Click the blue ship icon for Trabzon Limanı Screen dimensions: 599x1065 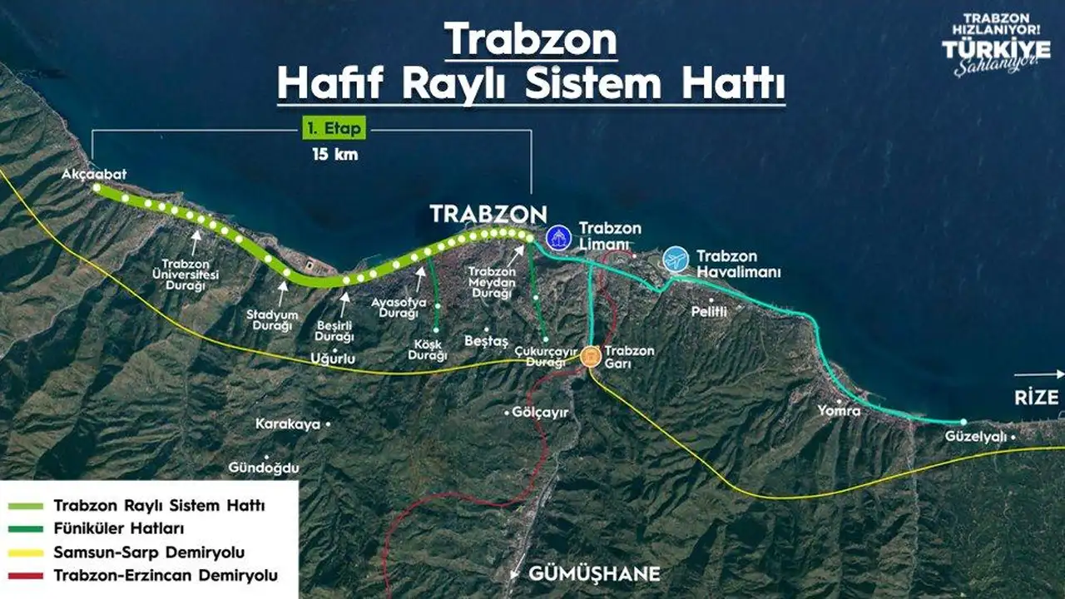pyautogui.click(x=558, y=236)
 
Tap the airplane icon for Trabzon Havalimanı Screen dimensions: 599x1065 pyautogui.click(x=676, y=260)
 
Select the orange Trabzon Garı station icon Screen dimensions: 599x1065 pyautogui.click(x=591, y=357)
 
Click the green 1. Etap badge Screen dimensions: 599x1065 pyautogui.click(x=333, y=131)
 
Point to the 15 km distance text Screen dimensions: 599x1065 pyautogui.click(x=335, y=154)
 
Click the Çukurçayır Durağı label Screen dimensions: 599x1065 pyautogui.click(x=545, y=356)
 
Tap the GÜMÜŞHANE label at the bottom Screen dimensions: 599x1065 pyautogui.click(x=595, y=574)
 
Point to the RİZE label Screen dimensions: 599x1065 pyautogui.click(x=1036, y=398)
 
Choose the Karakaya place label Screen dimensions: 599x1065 pyautogui.click(x=288, y=424)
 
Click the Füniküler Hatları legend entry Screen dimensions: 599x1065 pyautogui.click(x=118, y=528)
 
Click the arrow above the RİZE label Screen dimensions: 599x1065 pyautogui.click(x=1039, y=374)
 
